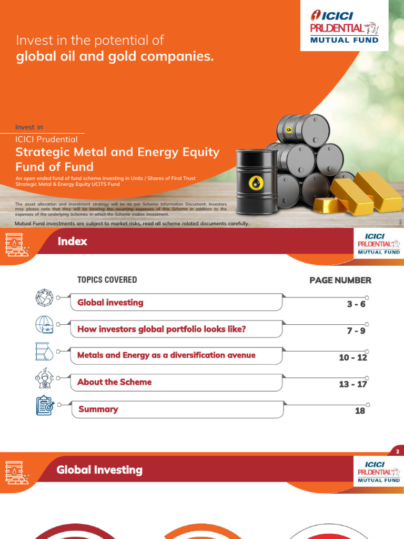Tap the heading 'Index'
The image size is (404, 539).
coord(73,242)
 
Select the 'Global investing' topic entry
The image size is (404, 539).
coord(110,303)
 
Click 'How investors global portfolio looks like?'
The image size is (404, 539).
coord(161,330)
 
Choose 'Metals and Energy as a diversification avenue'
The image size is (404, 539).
coord(166,355)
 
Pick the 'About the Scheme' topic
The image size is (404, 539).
coord(114,382)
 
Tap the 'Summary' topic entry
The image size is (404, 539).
coord(98,409)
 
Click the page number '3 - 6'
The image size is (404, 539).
coord(356,304)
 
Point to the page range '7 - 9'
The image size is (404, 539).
coord(356,331)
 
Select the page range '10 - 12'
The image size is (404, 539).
coord(353,358)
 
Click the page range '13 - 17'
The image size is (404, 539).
coord(353,384)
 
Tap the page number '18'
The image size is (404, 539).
coord(360,411)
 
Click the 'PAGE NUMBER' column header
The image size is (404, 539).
coord(340,281)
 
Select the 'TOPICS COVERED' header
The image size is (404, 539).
coord(107,280)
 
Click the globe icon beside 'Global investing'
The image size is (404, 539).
coord(45,298)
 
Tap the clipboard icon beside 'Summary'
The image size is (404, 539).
coord(45,405)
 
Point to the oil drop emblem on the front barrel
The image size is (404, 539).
coord(256,183)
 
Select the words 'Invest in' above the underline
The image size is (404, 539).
coord(29,127)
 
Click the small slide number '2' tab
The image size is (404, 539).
coord(398,452)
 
